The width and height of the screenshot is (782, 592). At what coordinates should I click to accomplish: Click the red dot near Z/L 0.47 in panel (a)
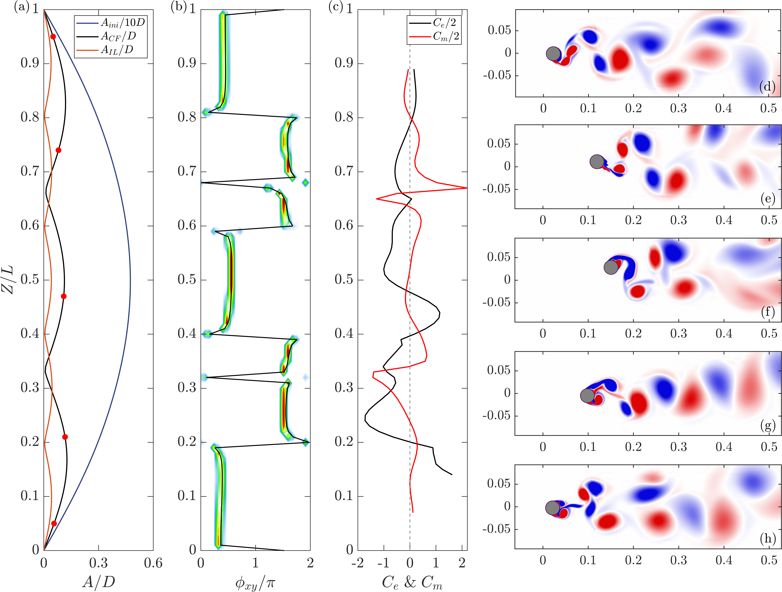[64, 296]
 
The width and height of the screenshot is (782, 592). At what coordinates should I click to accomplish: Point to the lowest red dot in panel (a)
[54, 523]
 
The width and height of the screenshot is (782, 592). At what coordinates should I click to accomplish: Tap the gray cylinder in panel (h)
[553, 508]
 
